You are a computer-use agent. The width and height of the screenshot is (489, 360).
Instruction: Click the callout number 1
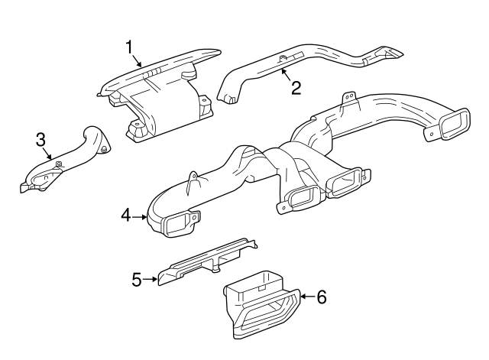coord(131,47)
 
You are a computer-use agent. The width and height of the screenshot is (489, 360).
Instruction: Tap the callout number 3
coord(41,140)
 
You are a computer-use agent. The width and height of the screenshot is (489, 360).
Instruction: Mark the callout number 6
coord(321,297)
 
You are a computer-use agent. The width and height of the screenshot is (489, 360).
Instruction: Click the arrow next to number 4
coord(141,217)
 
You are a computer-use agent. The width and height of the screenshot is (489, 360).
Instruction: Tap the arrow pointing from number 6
coord(307,297)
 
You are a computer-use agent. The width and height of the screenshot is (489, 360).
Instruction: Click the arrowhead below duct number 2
coord(283,71)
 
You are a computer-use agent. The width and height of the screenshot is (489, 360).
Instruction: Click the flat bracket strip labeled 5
coord(206,260)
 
